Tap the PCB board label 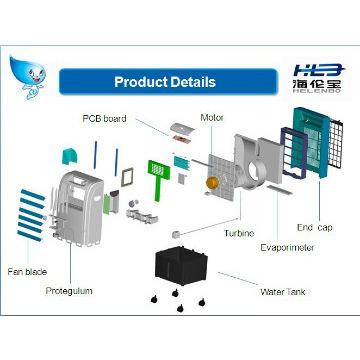[x=105, y=118]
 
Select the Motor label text [x=211, y=117]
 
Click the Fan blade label [x=28, y=271]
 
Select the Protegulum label [x=69, y=291]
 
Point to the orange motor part [x=212, y=184]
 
